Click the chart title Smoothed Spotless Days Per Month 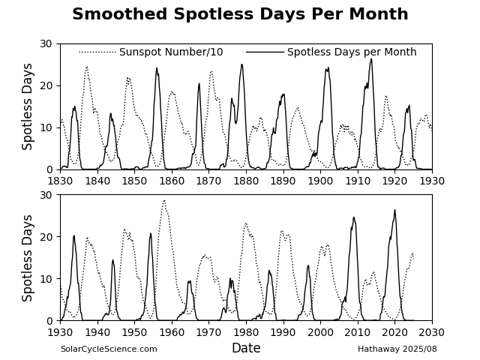pos(240,15)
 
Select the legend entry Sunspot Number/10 pos(171,52)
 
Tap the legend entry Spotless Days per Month pos(352,52)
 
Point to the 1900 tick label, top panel pos(320,181)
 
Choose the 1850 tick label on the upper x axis pos(134,181)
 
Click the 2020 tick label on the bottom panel pos(394,332)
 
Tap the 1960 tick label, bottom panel pos(172,332)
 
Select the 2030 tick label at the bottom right pos(432,332)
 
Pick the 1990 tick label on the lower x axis pos(283,332)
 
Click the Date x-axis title pos(246,348)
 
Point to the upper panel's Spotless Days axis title pos(28,106)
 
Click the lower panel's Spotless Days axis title pos(28,258)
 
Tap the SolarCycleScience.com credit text pos(109,349)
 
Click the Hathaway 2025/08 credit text pos(397,349)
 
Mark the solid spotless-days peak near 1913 pos(370,59)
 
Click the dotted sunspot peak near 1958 pos(164,200)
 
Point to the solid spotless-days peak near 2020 pos(394,210)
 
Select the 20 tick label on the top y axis pos(47,85)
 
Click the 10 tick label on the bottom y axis pos(47,279)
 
